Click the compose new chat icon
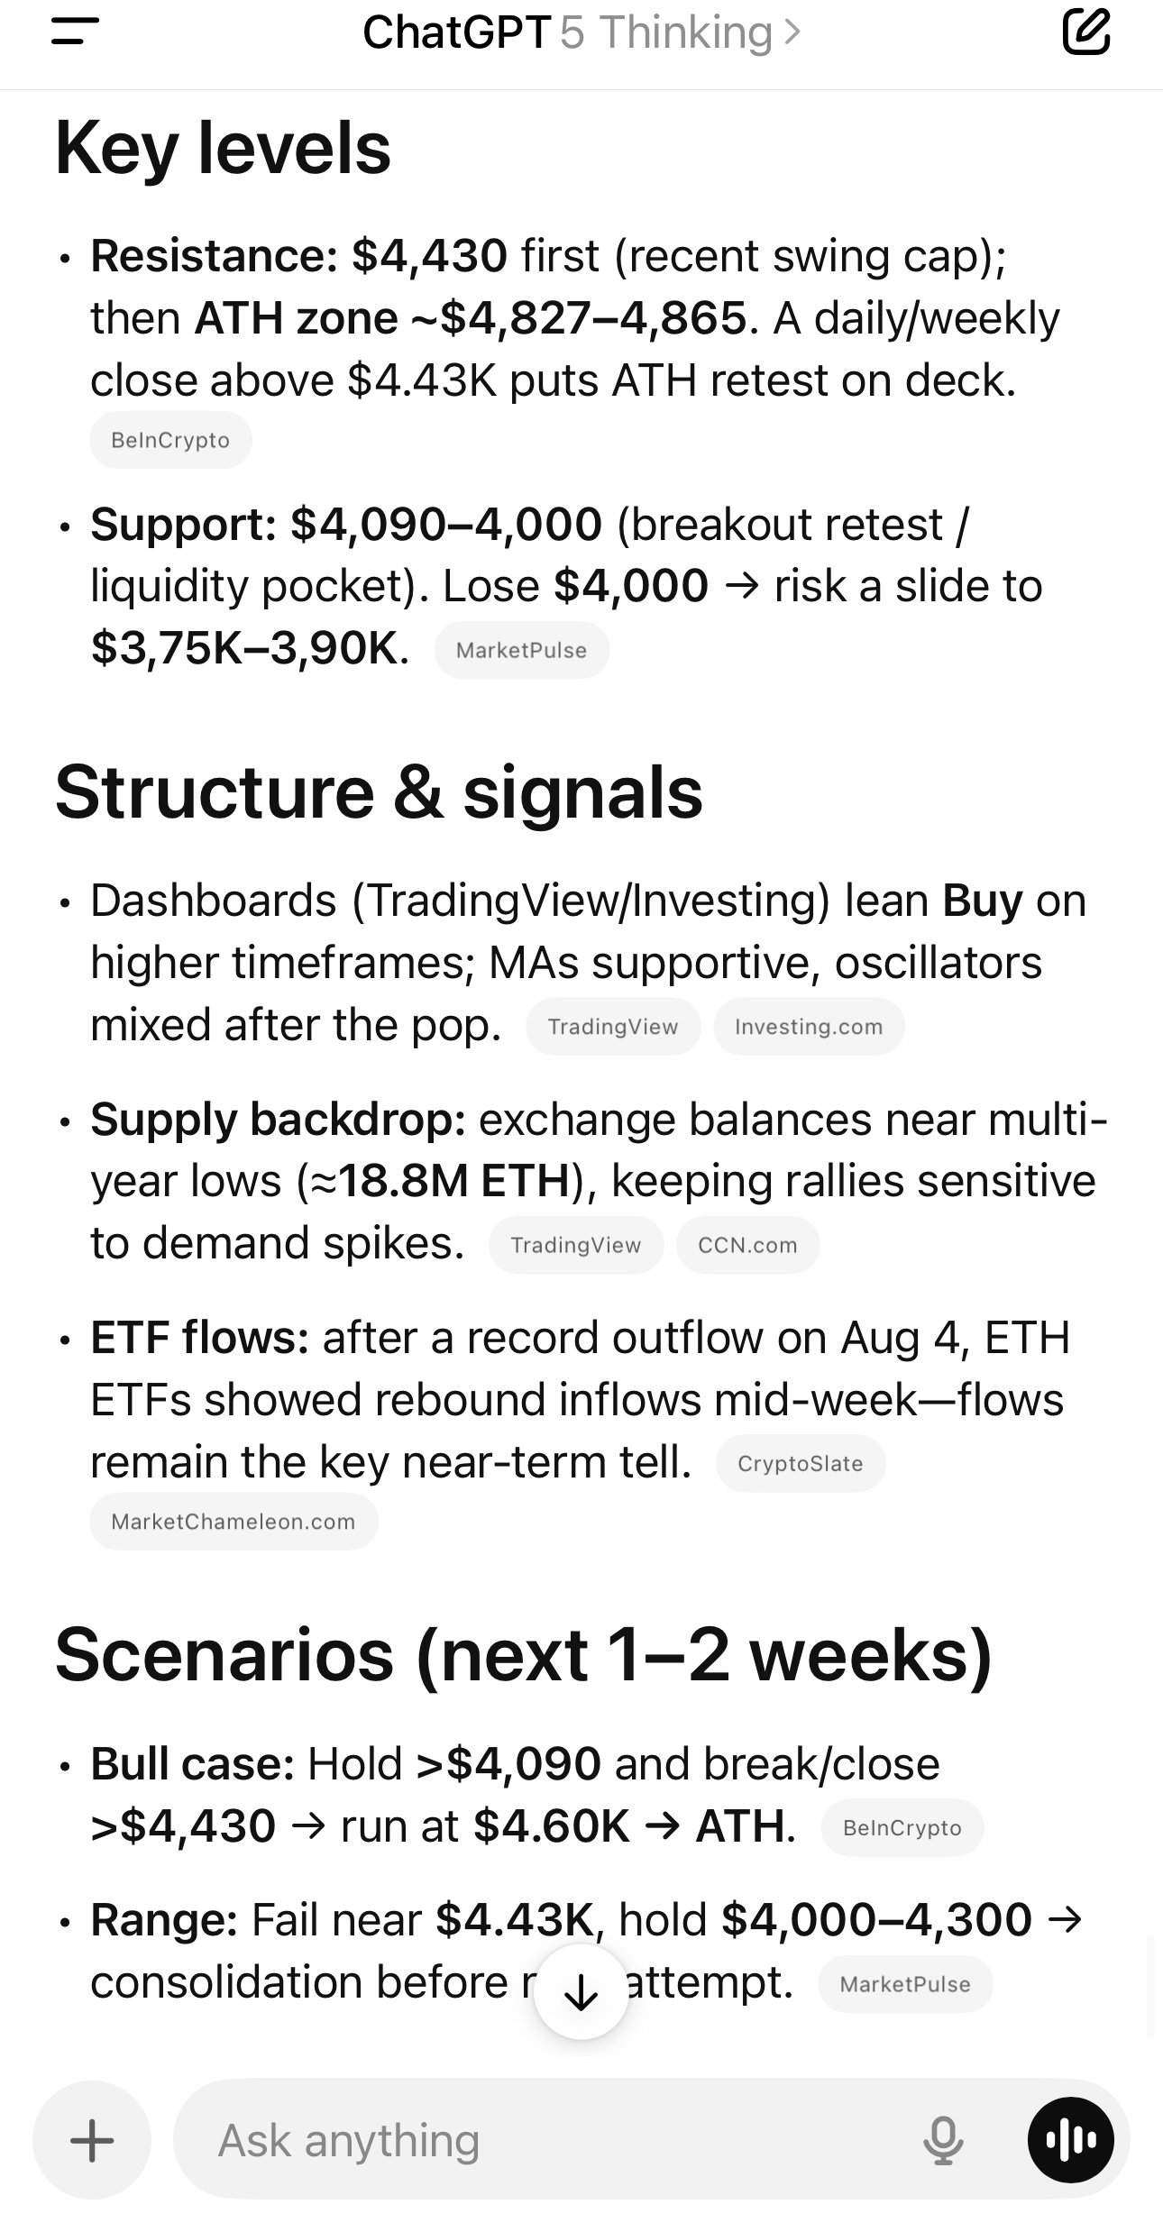1085,32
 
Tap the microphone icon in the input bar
943,2140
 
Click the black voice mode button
1071,2140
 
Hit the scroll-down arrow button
581,1992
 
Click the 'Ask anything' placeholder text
349,2140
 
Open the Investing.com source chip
809,1027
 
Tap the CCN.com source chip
747,1245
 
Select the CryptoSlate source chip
801,1464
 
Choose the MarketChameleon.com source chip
234,1522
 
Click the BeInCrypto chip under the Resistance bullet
170,440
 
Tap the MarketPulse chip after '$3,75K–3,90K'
522,650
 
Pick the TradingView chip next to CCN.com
576,1245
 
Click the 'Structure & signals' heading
380,792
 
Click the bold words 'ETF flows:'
200,1338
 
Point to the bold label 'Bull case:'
193,1764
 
